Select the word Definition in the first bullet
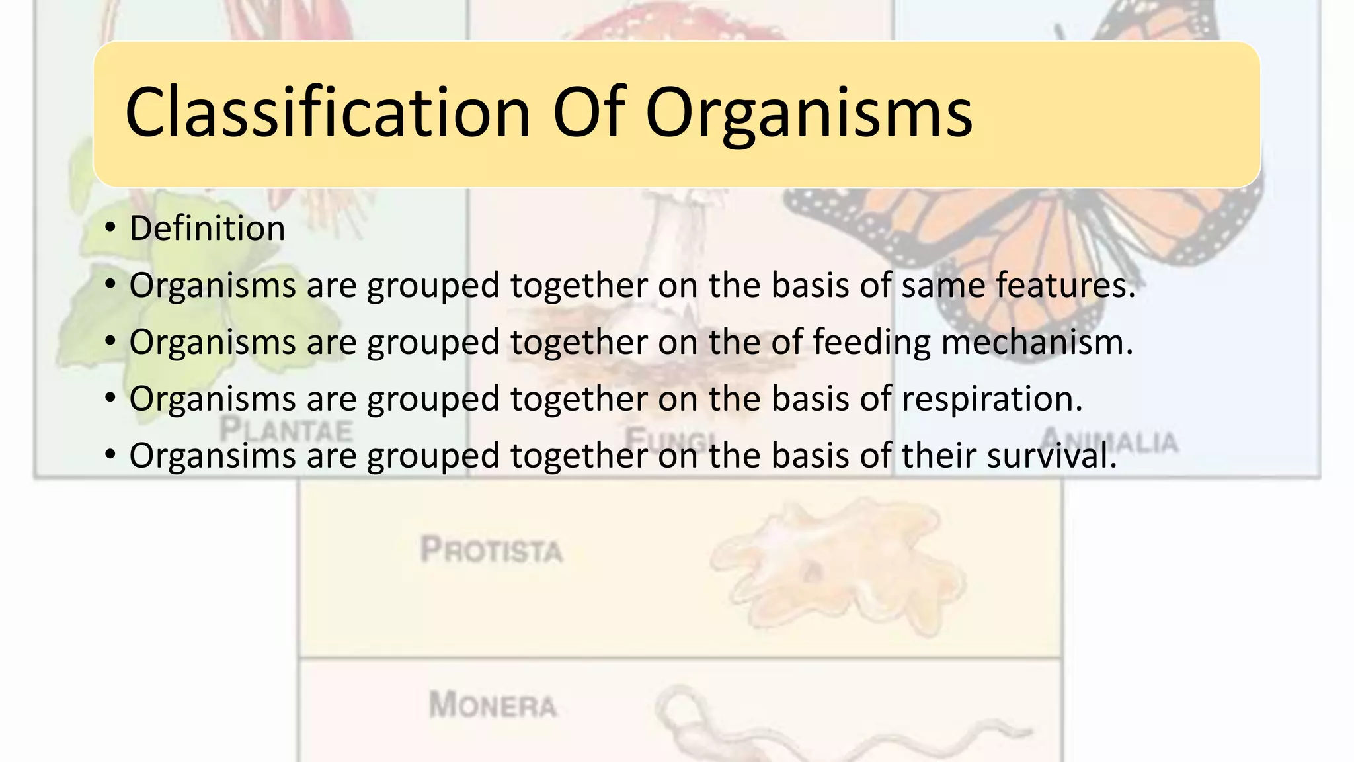[207, 229]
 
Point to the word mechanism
[1037, 343]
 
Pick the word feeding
[871, 343]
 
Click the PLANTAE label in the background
[286, 430]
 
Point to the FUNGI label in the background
[668, 438]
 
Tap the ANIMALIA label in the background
[1109, 440]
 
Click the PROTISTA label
[491, 550]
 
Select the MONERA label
[493, 704]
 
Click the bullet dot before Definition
[110, 229]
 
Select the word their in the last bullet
[939, 456]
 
